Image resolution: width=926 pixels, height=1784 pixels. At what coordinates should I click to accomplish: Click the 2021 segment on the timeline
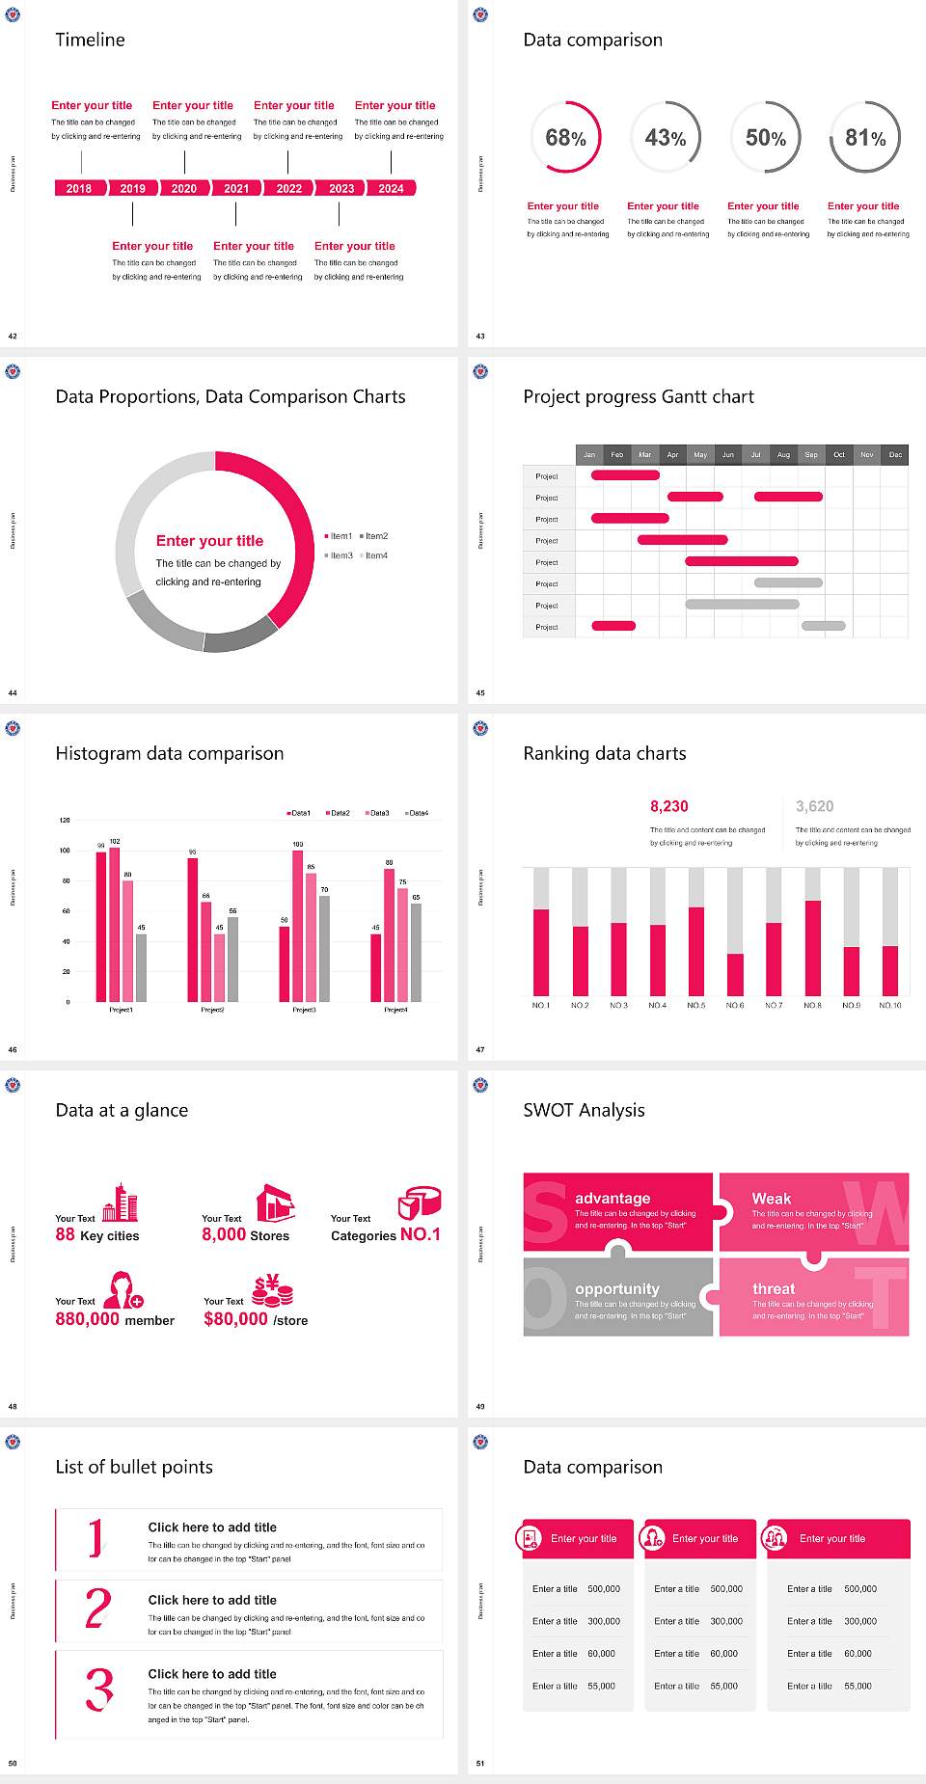[x=236, y=189]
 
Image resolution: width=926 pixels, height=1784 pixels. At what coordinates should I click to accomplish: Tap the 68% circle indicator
[x=565, y=138]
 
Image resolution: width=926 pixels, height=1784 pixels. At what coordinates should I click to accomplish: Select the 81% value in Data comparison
[x=865, y=138]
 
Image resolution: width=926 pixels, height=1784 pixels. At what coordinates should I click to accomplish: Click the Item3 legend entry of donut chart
[x=340, y=555]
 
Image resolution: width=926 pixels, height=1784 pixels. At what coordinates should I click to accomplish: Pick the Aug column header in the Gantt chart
[x=783, y=454]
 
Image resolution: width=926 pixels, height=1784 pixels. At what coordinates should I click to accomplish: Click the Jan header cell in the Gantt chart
[x=589, y=454]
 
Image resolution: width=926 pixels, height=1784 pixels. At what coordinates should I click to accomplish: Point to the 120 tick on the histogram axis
[x=65, y=820]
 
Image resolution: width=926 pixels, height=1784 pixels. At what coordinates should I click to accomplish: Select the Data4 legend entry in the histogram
[x=417, y=813]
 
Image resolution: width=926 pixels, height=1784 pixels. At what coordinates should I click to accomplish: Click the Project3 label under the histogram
[x=304, y=1010]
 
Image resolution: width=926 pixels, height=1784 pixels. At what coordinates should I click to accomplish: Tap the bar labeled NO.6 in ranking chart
[x=735, y=974]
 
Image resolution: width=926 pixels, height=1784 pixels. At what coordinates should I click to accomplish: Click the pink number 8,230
[x=668, y=806]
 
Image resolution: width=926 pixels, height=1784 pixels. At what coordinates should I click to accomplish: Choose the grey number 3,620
[x=814, y=806]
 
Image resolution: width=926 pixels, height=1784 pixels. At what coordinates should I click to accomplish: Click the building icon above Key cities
[x=121, y=1203]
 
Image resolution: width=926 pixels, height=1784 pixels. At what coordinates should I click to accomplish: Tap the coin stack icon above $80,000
[x=273, y=1289]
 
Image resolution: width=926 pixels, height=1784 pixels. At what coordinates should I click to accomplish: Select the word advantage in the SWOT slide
[x=613, y=1198]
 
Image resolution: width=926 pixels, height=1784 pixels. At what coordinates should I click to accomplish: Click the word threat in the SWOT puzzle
[x=774, y=1288]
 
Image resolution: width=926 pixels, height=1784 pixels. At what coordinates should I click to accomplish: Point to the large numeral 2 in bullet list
[x=97, y=1608]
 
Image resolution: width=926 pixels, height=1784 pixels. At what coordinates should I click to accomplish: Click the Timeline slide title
[x=90, y=40]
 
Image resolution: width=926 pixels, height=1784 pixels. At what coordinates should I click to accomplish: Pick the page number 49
[x=480, y=1406]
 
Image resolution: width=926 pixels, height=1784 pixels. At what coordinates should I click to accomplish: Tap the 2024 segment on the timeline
[x=391, y=189]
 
